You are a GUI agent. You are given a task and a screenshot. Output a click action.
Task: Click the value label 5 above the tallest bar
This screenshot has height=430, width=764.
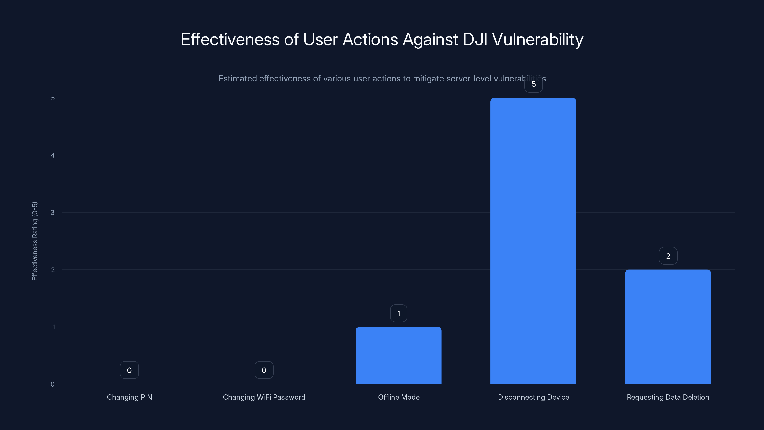pyautogui.click(x=533, y=84)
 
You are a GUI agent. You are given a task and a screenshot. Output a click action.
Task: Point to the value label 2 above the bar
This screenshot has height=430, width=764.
pyautogui.click(x=668, y=256)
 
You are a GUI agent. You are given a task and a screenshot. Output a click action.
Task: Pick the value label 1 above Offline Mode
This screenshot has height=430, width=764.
pyautogui.click(x=399, y=313)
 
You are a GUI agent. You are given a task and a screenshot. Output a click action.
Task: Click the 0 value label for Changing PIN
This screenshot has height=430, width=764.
pyautogui.click(x=129, y=370)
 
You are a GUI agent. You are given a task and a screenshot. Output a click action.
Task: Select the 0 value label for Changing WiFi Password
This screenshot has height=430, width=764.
pyautogui.click(x=264, y=370)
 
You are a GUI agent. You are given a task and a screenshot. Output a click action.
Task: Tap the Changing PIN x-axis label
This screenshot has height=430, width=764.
pyautogui.click(x=129, y=397)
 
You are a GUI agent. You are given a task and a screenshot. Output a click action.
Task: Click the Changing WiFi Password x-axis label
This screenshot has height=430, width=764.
pyautogui.click(x=264, y=397)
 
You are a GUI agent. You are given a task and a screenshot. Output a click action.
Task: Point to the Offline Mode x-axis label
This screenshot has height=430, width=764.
pyautogui.click(x=399, y=397)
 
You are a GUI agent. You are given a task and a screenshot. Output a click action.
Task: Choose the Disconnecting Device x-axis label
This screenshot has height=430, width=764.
pyautogui.click(x=533, y=397)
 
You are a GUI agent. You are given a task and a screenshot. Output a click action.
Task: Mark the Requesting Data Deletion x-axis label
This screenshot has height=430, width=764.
pyautogui.click(x=668, y=397)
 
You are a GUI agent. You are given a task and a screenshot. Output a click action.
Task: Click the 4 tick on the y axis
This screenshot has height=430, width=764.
pyautogui.click(x=53, y=155)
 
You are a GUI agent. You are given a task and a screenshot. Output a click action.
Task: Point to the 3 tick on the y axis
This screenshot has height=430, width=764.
pyautogui.click(x=53, y=212)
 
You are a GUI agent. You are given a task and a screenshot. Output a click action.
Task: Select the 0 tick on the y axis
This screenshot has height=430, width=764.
pyautogui.click(x=53, y=384)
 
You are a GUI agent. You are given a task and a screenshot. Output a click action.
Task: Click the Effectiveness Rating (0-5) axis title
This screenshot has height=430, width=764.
pyautogui.click(x=35, y=241)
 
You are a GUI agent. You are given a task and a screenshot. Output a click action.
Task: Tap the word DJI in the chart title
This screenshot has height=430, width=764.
pyautogui.click(x=475, y=39)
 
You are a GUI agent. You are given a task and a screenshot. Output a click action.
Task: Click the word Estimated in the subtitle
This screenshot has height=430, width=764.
pyautogui.click(x=238, y=79)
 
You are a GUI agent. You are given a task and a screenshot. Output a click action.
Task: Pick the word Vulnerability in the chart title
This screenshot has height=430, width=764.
pyautogui.click(x=537, y=39)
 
